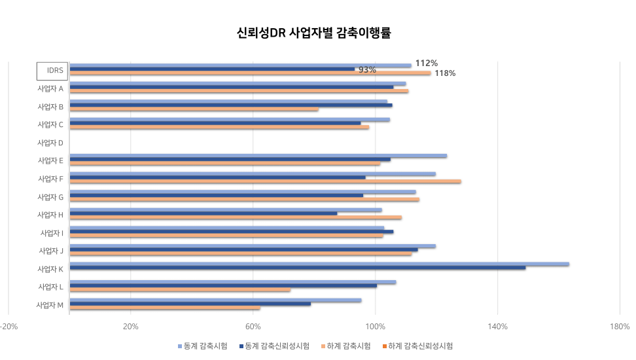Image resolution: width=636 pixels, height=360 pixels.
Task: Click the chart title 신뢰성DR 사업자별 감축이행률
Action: [313, 33]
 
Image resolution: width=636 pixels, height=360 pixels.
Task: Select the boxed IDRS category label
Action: [52, 71]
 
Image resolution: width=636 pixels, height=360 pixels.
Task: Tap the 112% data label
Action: [427, 63]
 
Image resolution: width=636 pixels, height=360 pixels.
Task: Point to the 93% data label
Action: [367, 70]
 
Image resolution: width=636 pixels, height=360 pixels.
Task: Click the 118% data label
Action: [445, 73]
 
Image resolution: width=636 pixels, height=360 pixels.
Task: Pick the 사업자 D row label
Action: [50, 143]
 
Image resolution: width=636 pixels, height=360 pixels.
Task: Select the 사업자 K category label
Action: [50, 269]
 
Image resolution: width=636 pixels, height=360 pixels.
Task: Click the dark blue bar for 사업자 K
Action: [298, 268]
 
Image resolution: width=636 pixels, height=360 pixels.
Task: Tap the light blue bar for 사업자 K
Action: [319, 264]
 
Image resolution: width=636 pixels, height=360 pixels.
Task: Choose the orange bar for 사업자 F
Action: [265, 181]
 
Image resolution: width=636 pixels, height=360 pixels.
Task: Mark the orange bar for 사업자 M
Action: [165, 308]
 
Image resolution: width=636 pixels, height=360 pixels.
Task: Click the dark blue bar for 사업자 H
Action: [203, 213]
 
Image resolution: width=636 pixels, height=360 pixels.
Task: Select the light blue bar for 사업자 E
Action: [258, 156]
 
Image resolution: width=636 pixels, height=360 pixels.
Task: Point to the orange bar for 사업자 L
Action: [180, 290]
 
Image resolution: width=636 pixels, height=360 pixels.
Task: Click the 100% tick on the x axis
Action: [375, 327]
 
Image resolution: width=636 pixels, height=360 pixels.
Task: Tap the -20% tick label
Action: [9, 327]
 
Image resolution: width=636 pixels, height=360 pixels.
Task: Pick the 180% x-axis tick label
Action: [620, 327]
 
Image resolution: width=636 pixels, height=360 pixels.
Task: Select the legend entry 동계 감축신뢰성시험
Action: [274, 346]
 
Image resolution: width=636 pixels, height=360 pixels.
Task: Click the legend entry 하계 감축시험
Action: [346, 346]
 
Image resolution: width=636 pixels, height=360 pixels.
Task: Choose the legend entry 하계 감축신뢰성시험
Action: [417, 346]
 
